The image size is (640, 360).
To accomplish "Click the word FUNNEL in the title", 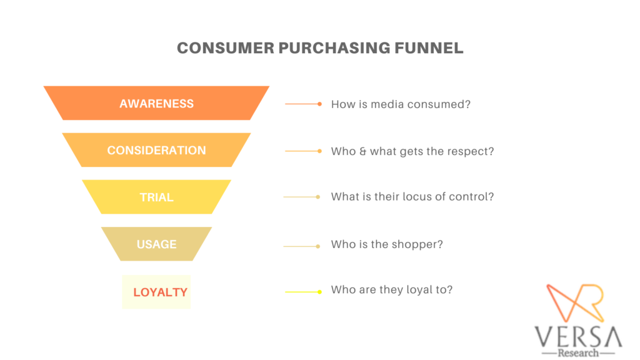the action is click(x=429, y=48).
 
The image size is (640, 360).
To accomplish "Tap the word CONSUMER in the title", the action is click(x=226, y=48).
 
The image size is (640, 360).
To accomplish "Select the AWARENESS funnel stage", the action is click(x=156, y=103).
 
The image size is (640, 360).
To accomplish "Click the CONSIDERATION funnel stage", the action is click(x=156, y=150).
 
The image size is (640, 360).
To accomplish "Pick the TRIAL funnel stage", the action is click(x=156, y=197).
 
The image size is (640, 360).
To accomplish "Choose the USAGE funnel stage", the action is click(x=156, y=244).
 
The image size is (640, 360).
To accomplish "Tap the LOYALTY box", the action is click(x=156, y=292).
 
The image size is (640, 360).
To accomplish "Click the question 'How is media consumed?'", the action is click(x=401, y=104).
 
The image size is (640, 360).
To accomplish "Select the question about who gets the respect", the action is click(x=412, y=151).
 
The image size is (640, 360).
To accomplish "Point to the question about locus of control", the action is click(x=412, y=197).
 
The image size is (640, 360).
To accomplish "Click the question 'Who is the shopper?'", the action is click(x=387, y=244).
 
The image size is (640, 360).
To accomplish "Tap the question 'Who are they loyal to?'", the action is click(x=392, y=290).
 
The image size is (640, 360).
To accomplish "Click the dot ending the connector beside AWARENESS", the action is click(x=319, y=104).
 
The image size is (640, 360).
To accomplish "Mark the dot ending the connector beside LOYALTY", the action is click(x=319, y=292).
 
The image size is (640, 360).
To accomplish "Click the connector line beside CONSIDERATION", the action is click(x=301, y=151).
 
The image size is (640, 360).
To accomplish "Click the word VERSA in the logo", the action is click(x=578, y=337).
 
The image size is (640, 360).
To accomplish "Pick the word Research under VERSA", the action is click(x=578, y=352).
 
